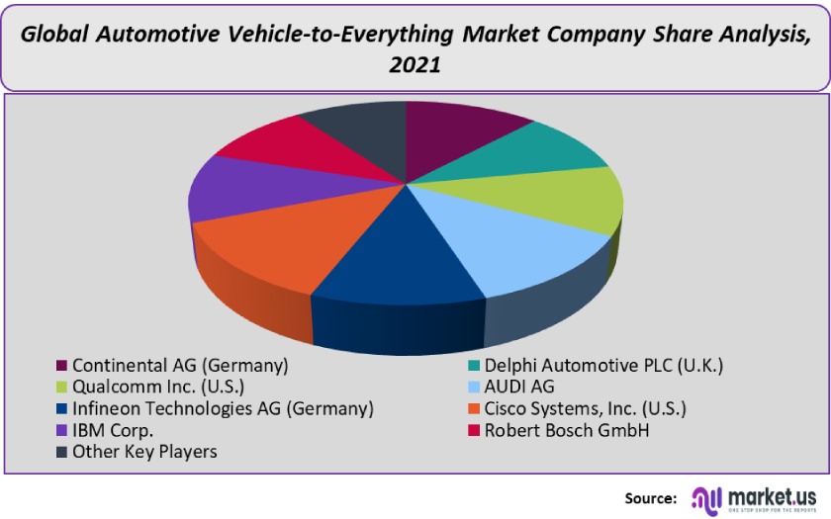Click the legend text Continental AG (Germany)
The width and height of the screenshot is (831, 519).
[x=179, y=365]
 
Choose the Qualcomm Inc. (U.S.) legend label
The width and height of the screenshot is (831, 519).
[x=157, y=387]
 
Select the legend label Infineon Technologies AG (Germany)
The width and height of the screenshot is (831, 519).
[x=223, y=408]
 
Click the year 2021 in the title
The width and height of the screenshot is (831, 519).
[x=415, y=66]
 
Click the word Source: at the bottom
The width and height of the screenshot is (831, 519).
[x=650, y=497]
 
